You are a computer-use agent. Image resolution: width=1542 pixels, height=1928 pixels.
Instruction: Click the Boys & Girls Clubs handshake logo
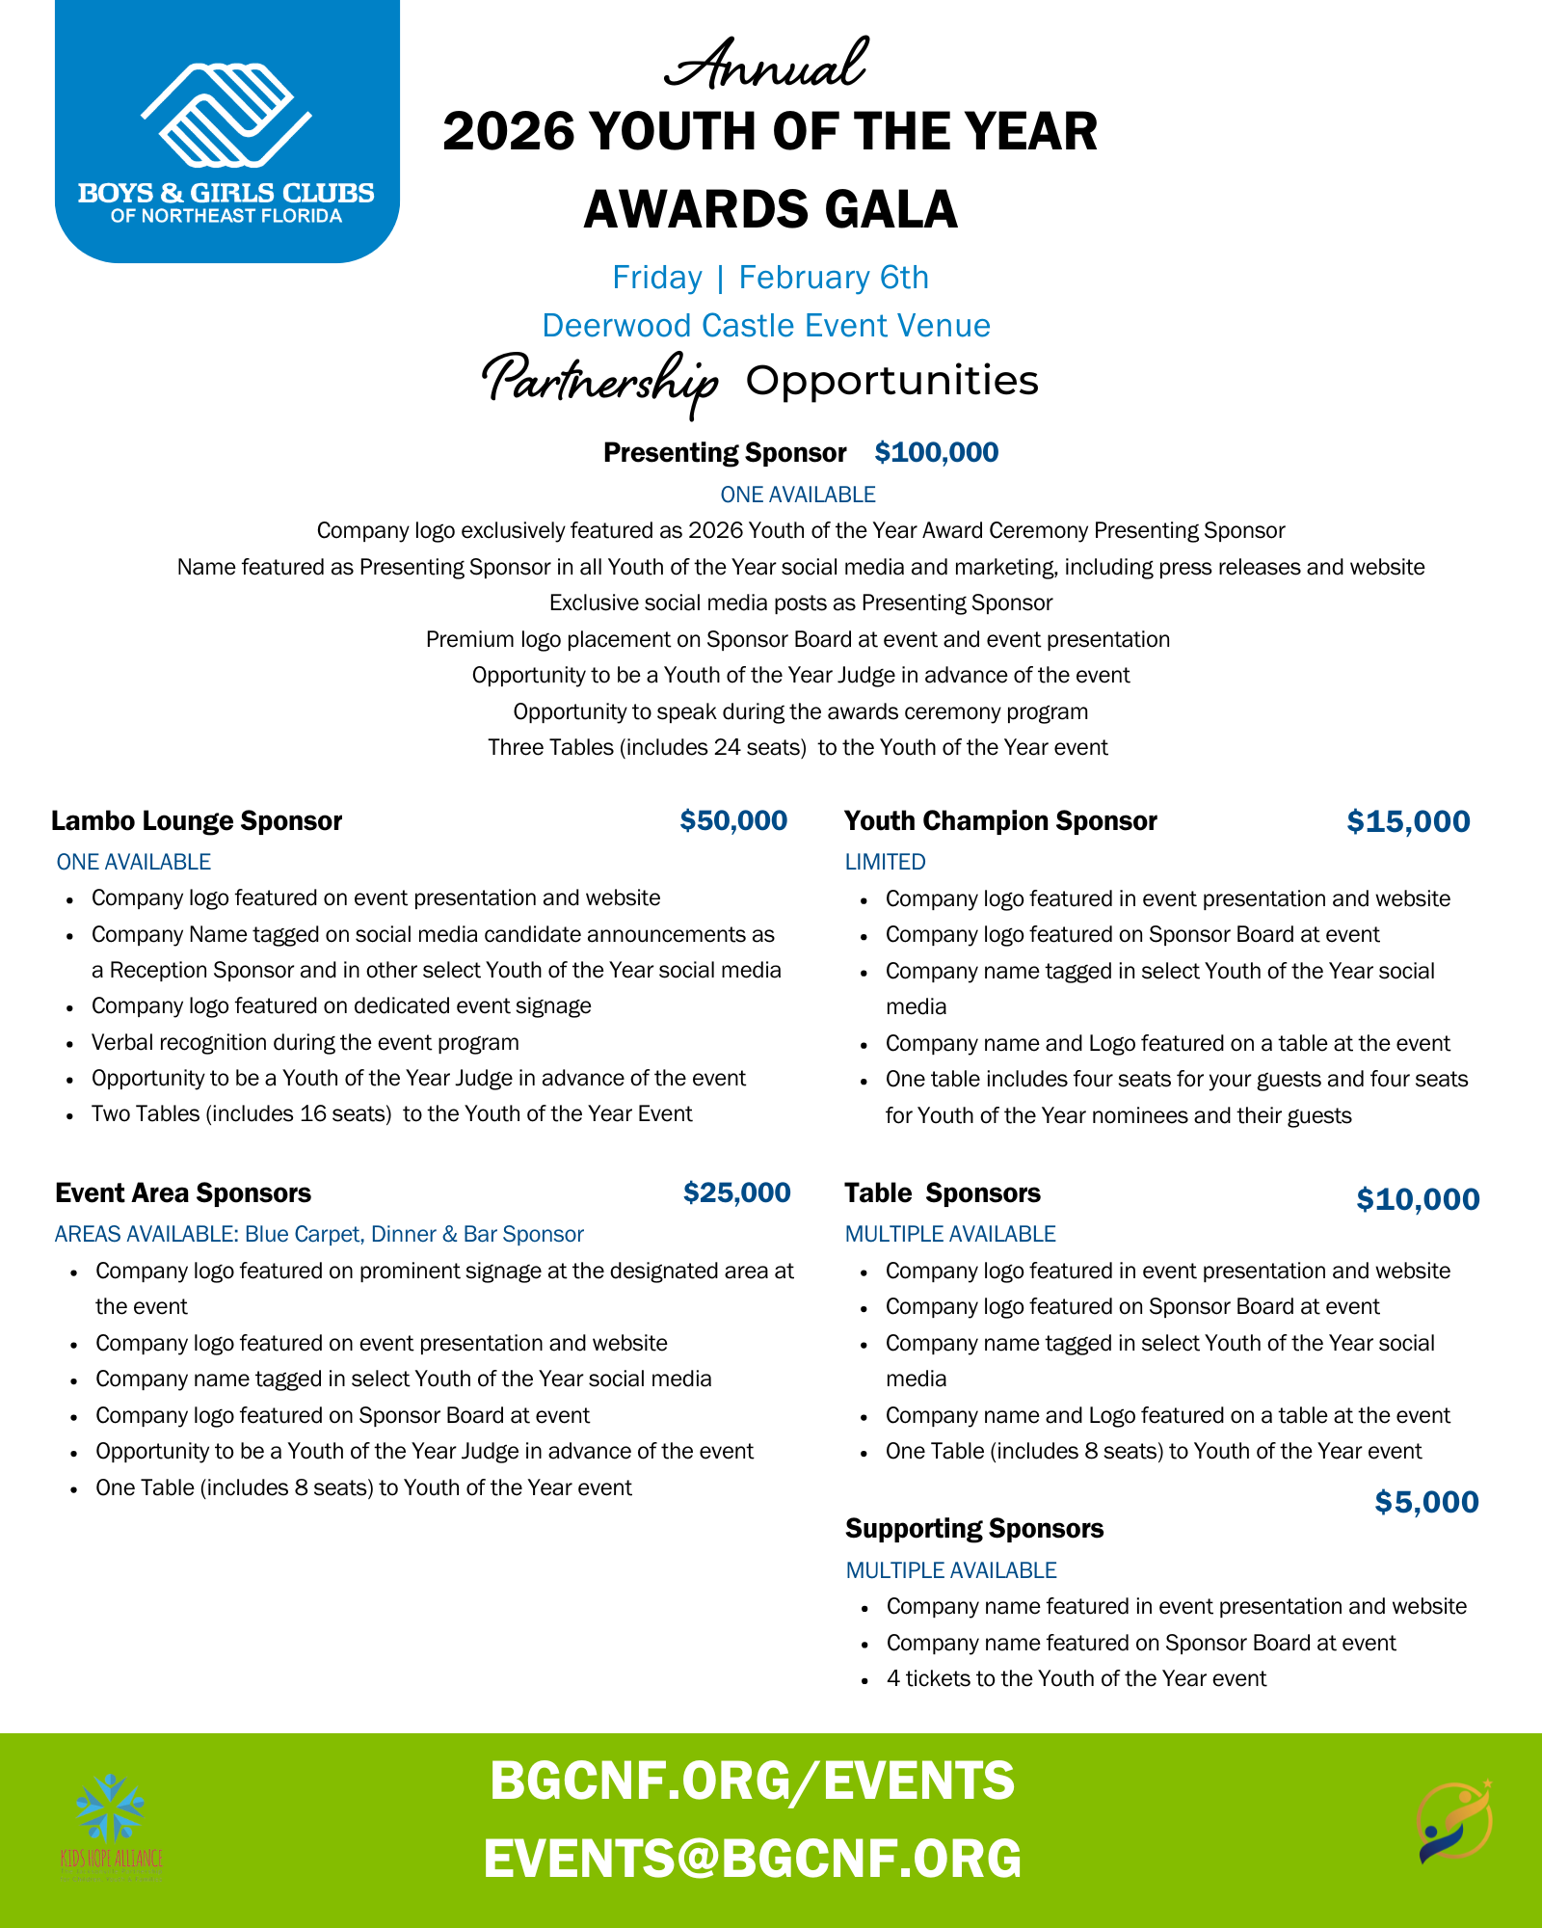pos(226,116)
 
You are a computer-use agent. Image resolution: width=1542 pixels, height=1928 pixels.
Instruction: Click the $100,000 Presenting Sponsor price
pos(936,452)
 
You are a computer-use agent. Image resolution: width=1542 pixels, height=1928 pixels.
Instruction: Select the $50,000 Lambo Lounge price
pos(733,820)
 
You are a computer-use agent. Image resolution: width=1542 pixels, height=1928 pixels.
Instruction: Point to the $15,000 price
pos(1408,821)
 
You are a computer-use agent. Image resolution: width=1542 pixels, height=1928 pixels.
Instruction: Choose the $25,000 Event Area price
pos(736,1192)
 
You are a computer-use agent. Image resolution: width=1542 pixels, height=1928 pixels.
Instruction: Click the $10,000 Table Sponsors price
pos(1418,1199)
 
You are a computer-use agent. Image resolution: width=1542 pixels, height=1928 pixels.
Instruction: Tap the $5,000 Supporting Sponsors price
pos(1426,1502)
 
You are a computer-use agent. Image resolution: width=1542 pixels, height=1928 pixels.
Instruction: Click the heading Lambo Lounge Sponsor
pos(197,820)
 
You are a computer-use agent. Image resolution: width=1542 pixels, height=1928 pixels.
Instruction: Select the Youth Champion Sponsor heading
pos(1000,820)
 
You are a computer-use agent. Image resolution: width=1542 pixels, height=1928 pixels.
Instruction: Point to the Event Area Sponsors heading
pos(183,1192)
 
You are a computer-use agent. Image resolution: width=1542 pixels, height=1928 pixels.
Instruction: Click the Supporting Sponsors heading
pos(974,1528)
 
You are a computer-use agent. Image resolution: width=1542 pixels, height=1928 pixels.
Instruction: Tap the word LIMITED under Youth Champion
pos(885,862)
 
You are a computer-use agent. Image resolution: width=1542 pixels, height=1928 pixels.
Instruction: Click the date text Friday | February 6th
pos(770,278)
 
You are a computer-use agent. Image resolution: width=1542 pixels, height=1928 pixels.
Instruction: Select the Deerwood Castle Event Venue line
pos(766,326)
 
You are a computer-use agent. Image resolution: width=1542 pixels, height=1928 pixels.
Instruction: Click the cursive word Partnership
pos(599,381)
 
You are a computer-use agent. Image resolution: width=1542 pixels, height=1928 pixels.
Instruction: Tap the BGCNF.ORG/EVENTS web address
pos(752,1780)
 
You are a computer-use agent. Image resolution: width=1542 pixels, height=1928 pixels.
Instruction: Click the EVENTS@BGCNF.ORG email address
pos(752,1859)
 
